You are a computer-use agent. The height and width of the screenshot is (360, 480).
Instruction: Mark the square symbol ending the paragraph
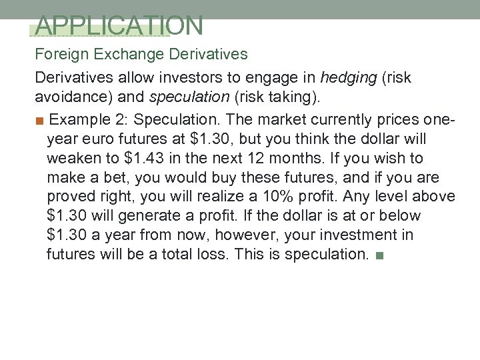pyautogui.click(x=379, y=255)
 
